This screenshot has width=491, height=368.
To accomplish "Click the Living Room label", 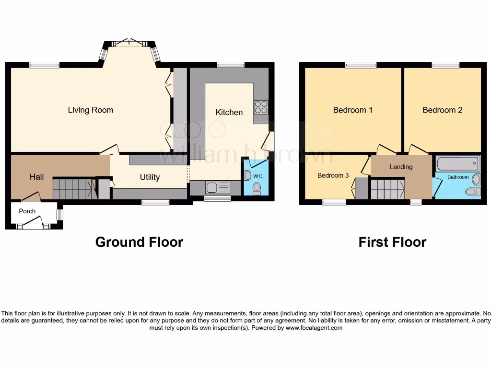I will (x=91, y=110).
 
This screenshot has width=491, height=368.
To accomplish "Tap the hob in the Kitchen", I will (x=261, y=107).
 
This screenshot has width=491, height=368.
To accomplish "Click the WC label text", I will (x=258, y=175).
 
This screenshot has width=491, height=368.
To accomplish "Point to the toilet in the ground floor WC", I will (x=257, y=187).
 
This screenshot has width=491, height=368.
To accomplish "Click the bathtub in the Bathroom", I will (x=458, y=164).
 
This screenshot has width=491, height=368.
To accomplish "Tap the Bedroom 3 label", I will (x=333, y=175).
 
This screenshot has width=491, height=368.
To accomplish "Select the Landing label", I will (x=401, y=167).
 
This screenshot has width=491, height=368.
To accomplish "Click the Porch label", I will (x=27, y=211).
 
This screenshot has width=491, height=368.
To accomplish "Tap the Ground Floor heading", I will (x=139, y=242).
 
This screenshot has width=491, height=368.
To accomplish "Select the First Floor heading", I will (x=392, y=242).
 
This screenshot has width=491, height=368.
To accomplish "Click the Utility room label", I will (x=150, y=177).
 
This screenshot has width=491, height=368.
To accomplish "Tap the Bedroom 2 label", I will (x=442, y=110).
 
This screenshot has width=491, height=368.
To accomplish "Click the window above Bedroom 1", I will (x=361, y=65).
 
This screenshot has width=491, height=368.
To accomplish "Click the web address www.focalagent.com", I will (x=314, y=328).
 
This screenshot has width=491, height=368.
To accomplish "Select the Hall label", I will (x=36, y=177).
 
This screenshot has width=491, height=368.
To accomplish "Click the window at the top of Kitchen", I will (x=231, y=65).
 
